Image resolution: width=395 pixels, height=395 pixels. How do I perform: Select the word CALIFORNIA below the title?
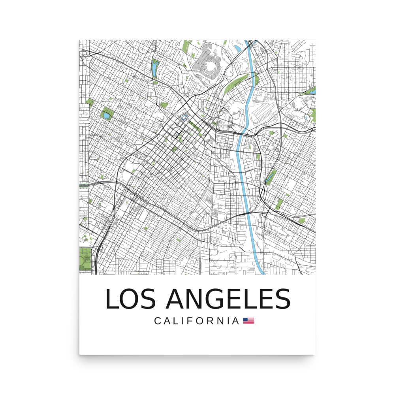point(197,321)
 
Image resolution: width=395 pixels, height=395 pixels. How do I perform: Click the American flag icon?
point(248,321)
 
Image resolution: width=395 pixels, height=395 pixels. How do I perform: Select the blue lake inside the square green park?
point(106,116)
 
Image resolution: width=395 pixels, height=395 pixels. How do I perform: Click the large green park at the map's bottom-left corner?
point(85,259)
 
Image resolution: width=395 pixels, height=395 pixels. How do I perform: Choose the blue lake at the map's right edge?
point(312,91)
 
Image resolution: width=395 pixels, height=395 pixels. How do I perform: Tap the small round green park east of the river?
point(272,133)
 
